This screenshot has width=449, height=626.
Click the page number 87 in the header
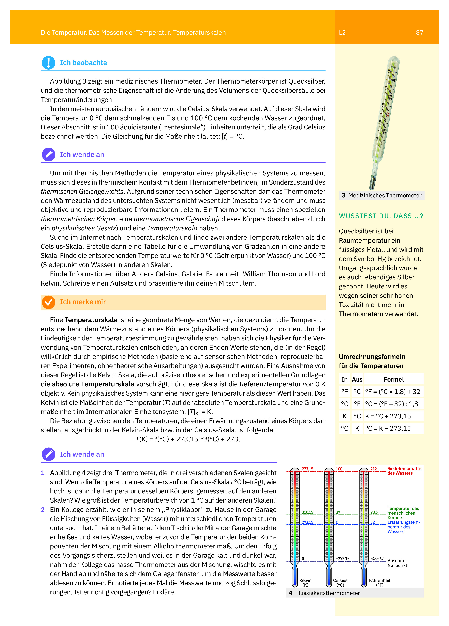pyautogui.click(x=419, y=33)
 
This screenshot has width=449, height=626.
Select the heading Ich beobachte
pyautogui.click(x=83, y=63)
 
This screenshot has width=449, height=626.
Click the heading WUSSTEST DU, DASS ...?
pyautogui.click(x=381, y=216)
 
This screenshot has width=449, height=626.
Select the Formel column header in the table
pyautogui.click(x=394, y=379)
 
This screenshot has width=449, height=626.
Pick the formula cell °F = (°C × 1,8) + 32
pyautogui.click(x=392, y=392)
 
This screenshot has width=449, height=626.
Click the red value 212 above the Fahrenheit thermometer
pyautogui.click(x=374, y=469)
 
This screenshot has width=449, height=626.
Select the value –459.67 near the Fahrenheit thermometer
pyautogui.click(x=377, y=559)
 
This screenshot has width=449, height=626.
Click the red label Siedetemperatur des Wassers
pyautogui.click(x=404, y=471)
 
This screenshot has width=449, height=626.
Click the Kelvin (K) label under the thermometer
pyautogui.click(x=305, y=583)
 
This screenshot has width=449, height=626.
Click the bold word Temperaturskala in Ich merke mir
pyautogui.click(x=91, y=320)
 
